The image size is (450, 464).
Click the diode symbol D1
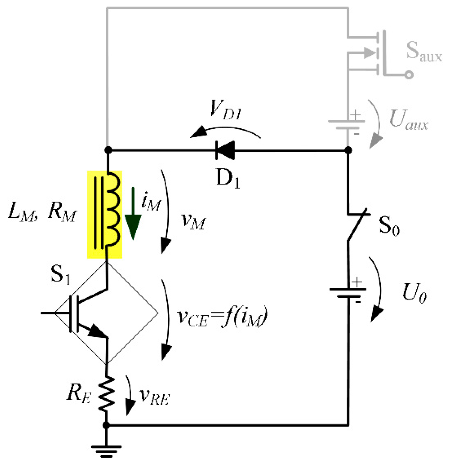[225, 150]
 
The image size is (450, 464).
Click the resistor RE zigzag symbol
[107, 394]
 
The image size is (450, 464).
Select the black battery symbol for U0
[348, 293]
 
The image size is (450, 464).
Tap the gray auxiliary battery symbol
[347, 124]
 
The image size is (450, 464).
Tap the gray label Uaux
[409, 120]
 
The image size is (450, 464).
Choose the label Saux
[424, 51]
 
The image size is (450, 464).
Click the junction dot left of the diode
[108, 150]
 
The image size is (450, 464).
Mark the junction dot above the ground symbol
[106, 425]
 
